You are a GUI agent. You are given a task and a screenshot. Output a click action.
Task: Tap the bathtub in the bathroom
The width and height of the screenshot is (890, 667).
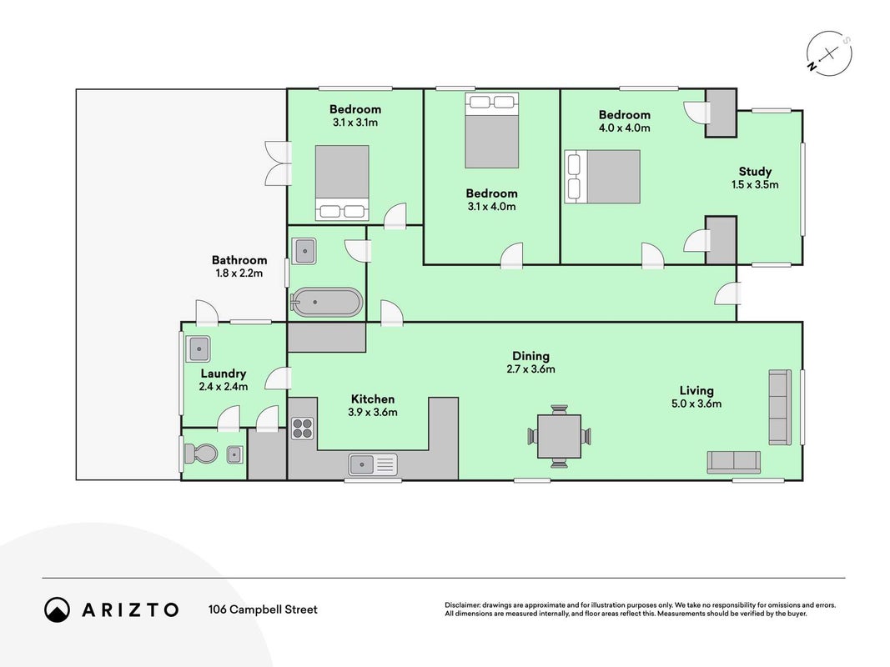(326, 303)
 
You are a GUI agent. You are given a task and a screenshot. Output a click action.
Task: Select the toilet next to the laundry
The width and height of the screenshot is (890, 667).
(200, 454)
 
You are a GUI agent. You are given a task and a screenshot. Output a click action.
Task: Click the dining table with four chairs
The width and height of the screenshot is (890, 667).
(559, 436)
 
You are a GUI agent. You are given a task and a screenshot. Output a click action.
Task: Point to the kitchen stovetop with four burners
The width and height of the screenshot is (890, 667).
(303, 429)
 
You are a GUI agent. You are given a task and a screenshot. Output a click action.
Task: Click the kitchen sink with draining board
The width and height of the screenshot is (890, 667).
(373, 464)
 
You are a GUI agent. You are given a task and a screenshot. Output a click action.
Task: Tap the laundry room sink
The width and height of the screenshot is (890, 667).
(199, 349)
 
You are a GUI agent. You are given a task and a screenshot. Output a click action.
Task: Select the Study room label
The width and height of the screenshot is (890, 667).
(755, 171)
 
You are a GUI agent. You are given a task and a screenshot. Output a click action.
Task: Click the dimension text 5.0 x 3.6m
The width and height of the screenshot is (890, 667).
(696, 404)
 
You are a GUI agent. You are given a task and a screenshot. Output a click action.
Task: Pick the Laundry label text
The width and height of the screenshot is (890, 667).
(223, 374)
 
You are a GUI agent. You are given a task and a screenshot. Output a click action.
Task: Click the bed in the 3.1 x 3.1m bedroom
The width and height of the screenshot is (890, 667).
(342, 183)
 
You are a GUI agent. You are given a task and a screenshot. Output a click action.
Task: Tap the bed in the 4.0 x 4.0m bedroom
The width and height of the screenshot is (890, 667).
(603, 177)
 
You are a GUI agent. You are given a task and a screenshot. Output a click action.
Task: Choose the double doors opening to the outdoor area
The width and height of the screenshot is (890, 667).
(278, 163)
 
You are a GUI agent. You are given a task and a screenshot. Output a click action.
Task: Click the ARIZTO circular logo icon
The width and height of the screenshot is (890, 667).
(58, 609)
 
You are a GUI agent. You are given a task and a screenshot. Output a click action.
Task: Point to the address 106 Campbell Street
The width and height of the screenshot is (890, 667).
(263, 609)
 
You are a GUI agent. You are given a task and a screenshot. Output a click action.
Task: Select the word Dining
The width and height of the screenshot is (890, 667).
(530, 356)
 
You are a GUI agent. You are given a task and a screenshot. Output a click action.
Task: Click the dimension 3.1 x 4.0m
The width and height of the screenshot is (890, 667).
(491, 207)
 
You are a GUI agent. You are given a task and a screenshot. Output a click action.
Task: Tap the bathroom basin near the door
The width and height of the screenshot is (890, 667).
(304, 251)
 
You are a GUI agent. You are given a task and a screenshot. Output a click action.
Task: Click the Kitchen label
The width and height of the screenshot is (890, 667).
(372, 399)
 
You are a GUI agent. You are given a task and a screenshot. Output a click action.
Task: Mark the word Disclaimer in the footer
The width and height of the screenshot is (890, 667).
(463, 605)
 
